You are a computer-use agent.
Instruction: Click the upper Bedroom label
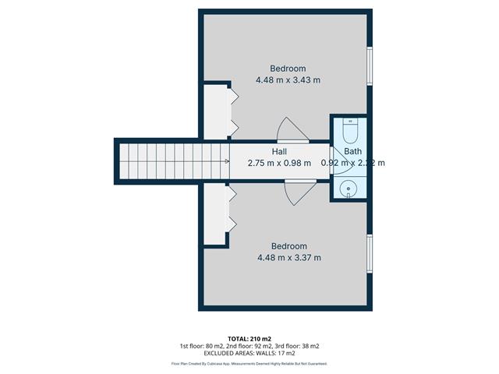288,68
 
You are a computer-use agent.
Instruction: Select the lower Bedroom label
288,246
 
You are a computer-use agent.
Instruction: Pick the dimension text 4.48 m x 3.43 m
288,79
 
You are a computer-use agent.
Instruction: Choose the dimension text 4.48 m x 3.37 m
288,258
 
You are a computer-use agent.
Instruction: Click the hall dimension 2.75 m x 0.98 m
279,164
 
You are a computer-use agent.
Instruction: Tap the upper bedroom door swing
292,129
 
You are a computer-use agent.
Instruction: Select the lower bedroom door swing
298,191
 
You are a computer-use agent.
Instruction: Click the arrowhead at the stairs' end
226,162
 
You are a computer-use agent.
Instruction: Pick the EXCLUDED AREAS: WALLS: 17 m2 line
249,354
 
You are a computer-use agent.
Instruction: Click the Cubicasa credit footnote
249,364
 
